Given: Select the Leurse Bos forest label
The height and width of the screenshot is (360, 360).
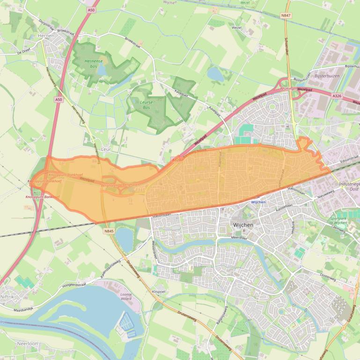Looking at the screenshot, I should tap(147, 104).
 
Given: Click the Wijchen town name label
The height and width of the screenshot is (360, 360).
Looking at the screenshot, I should tap(243, 225).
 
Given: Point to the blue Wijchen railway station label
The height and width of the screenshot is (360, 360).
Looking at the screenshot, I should tap(258, 202).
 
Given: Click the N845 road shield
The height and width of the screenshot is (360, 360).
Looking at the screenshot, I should tap(109, 231).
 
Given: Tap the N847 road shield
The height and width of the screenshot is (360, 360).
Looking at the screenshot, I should tap(286, 15).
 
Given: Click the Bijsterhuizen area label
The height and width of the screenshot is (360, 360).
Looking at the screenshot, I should tap(326, 75).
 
